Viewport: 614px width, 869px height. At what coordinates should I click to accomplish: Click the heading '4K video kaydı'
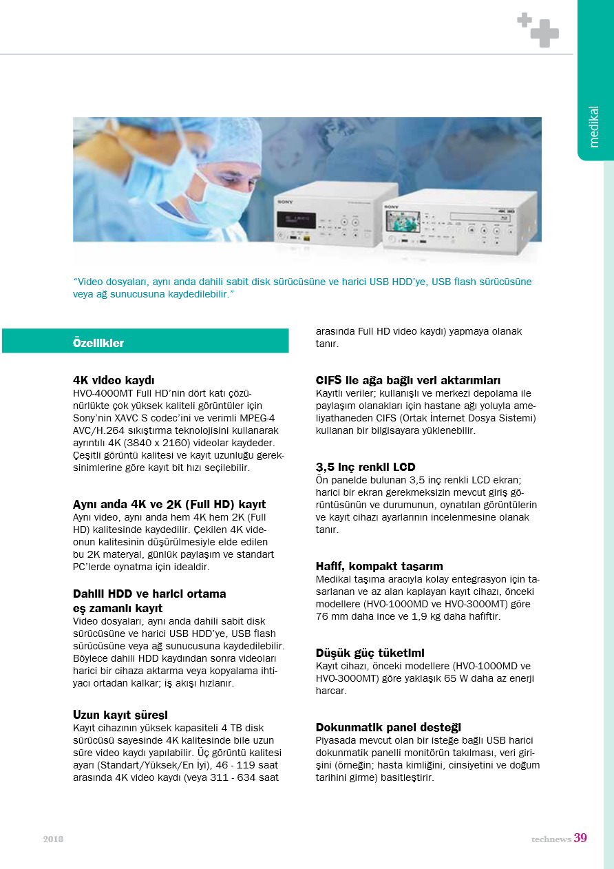coord(114,380)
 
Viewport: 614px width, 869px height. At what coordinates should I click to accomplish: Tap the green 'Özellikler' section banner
coord(145,342)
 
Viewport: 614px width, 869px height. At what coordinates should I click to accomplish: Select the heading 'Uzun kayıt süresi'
coord(120,714)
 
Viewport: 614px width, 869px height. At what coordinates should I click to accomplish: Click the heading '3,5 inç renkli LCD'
coord(366,468)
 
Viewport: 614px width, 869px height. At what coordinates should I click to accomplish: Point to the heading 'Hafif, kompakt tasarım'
coord(379,566)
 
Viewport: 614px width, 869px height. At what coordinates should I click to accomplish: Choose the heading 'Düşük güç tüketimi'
coord(370,652)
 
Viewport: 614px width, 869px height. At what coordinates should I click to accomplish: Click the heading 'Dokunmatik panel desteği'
coord(388,727)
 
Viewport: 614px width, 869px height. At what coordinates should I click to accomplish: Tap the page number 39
coord(580,838)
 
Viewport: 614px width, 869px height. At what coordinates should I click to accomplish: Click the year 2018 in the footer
coord(53,839)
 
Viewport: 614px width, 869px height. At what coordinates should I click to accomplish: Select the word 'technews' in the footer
coord(551,839)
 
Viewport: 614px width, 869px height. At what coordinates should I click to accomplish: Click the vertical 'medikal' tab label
coord(594,127)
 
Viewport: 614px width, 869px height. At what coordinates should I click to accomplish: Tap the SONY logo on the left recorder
coord(285,202)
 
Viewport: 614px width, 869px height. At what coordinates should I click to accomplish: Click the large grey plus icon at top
coord(544,33)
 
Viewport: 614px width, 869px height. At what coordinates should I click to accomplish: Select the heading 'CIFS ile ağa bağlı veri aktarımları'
coord(407,380)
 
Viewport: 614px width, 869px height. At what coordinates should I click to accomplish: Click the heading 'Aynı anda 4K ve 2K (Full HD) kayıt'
coord(169,505)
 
